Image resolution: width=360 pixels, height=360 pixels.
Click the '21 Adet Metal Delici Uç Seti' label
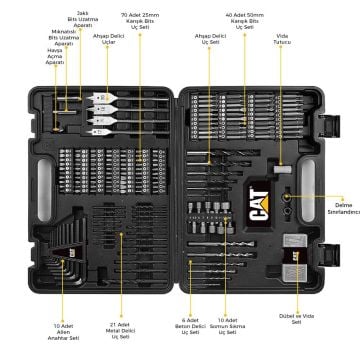click(122, 329)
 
